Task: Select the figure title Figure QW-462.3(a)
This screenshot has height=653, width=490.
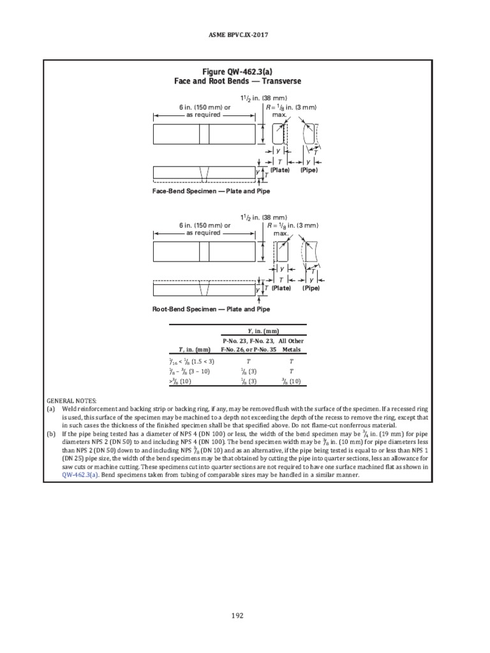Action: (237, 72)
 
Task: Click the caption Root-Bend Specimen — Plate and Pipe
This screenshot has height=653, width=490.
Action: (211, 309)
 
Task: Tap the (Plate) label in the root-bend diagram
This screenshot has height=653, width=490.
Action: (281, 288)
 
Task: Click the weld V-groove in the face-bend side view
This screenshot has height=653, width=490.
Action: (204, 172)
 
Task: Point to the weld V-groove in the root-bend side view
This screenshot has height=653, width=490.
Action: (204, 290)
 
